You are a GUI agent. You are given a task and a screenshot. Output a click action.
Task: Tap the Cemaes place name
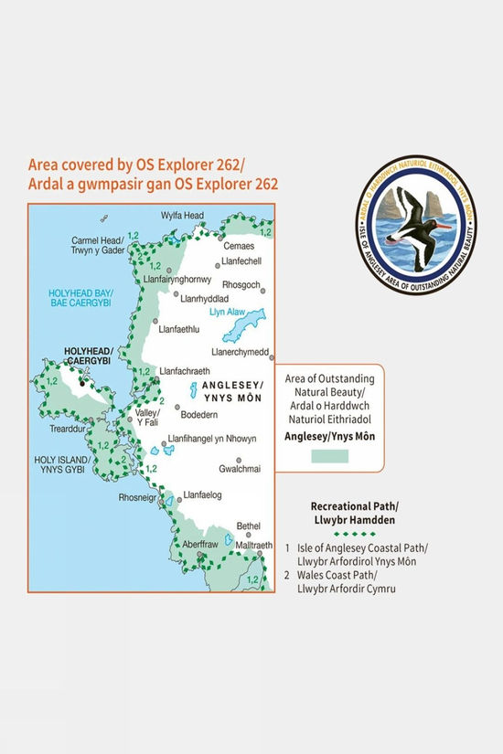coord(240,246)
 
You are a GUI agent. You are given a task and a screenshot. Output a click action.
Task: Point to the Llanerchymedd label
coord(240,352)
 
